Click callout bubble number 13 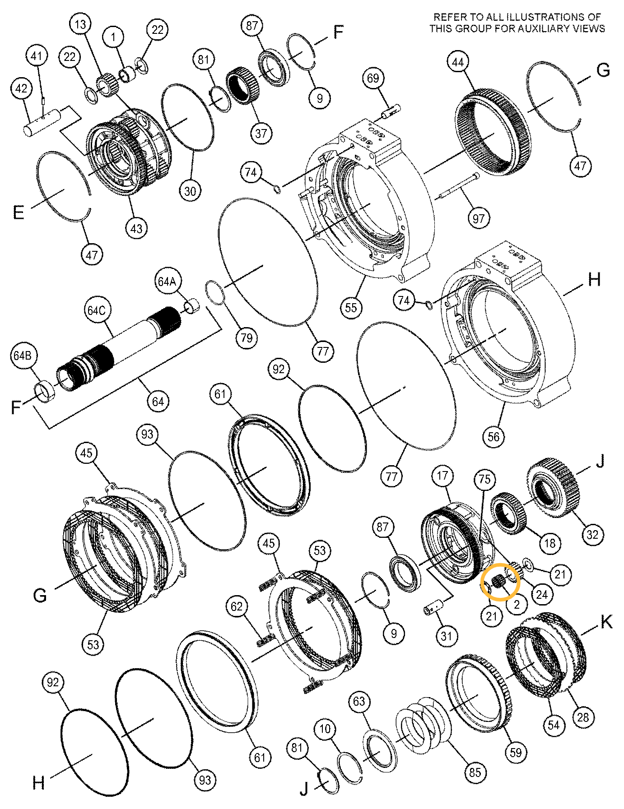(80, 24)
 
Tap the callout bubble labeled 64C (96, 310)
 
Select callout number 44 (458, 62)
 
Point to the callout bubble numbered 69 (373, 79)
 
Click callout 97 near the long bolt (479, 219)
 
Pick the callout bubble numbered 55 (351, 308)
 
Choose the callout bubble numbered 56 (494, 436)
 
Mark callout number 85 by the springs (475, 772)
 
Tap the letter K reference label (606, 622)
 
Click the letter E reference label (18, 212)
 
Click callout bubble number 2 (517, 604)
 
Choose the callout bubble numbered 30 (190, 191)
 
